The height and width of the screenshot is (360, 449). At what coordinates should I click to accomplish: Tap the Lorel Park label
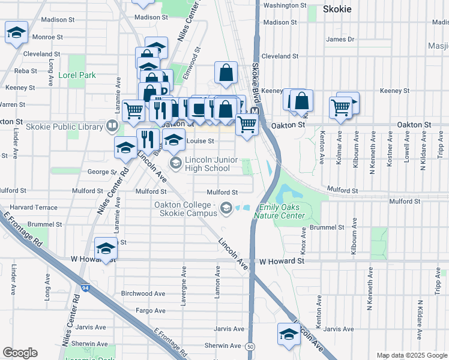point(77,76)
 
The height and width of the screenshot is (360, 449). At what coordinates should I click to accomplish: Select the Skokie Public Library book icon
point(111,125)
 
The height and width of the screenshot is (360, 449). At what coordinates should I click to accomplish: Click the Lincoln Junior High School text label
point(207,164)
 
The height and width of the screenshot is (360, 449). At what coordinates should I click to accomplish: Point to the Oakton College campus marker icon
point(226,208)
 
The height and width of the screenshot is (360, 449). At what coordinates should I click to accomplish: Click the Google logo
point(20,353)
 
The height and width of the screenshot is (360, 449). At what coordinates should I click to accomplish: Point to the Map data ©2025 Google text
point(411,355)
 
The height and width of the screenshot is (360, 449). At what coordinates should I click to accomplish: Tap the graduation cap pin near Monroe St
point(16,33)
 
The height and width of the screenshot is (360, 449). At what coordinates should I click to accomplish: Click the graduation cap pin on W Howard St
point(106,248)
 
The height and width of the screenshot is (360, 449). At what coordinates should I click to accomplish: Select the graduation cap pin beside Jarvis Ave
point(289,334)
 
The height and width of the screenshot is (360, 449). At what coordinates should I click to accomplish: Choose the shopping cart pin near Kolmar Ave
point(340,108)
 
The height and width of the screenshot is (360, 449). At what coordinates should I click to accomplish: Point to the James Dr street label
point(340,39)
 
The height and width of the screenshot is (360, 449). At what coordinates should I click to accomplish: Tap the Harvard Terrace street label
point(34,207)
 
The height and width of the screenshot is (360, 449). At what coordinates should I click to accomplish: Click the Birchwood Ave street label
point(143,293)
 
